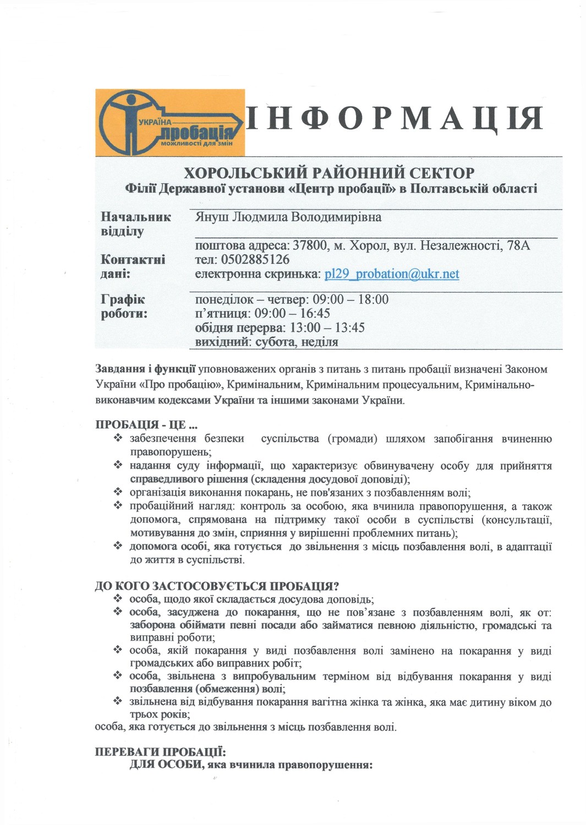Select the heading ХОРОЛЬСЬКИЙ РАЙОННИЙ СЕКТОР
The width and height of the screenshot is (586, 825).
tap(328, 173)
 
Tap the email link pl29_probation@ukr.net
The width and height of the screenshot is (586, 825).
tap(392, 274)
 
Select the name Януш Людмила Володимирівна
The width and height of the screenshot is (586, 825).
tap(288, 217)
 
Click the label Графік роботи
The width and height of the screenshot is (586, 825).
tap(124, 307)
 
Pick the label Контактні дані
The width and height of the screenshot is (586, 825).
tap(133, 266)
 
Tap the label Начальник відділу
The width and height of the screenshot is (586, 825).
tap(135, 224)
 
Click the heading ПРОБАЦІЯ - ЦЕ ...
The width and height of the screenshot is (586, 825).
tap(146, 425)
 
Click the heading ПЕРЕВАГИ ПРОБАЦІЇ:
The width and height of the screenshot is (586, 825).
tap(160, 752)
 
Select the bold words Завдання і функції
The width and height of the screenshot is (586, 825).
tap(146, 369)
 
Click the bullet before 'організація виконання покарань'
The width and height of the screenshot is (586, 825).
tap(118, 492)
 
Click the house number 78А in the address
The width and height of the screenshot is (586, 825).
tap(519, 245)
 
